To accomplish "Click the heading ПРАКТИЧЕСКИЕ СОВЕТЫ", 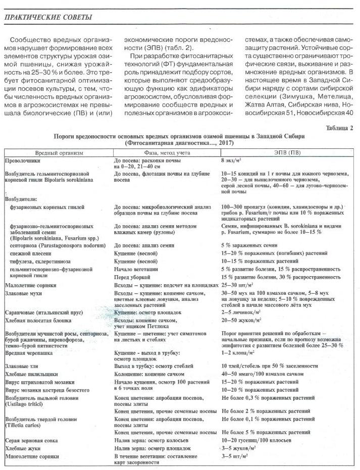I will coord(48,18).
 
